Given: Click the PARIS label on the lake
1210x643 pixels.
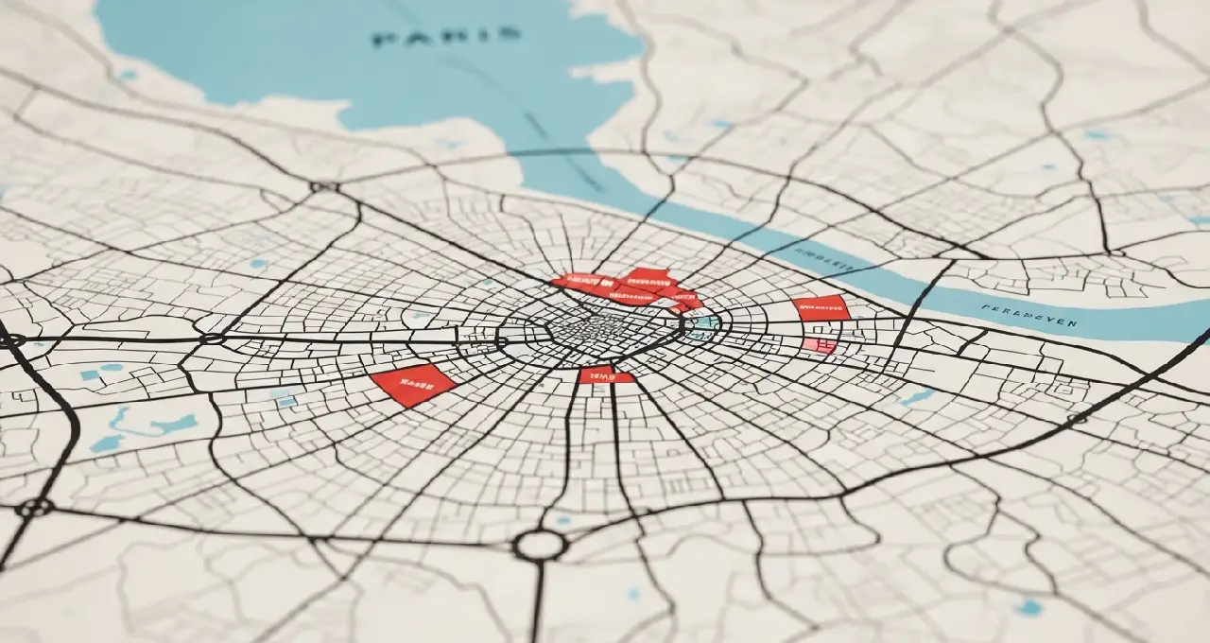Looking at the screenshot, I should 447,37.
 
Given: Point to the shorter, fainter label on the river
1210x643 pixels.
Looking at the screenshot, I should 821,254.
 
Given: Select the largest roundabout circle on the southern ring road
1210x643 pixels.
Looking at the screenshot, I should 540,546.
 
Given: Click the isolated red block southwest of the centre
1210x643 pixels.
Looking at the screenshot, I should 412,384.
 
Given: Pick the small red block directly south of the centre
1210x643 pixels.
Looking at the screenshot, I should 605,375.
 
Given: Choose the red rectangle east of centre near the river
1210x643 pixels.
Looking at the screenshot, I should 821,307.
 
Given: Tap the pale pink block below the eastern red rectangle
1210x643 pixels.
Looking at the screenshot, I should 819,346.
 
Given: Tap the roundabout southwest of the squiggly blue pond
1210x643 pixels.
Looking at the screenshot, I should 34,508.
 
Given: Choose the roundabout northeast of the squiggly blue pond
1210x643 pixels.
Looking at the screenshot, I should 212,338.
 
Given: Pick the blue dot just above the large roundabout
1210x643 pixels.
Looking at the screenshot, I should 563,519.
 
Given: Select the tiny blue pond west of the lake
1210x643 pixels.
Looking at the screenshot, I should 127,75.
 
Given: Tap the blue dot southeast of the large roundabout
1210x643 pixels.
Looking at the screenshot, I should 634,593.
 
